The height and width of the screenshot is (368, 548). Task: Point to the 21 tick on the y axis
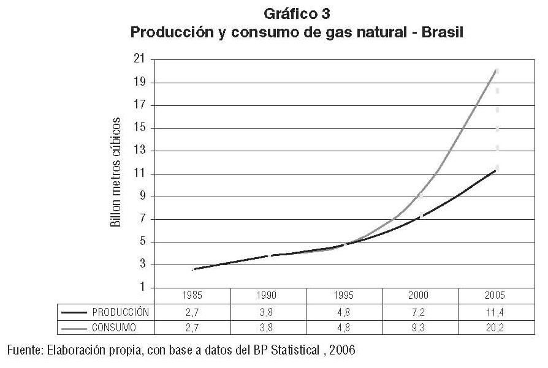(142, 59)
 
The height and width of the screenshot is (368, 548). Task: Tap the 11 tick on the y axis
(142, 174)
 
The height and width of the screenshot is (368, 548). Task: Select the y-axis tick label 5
(145, 242)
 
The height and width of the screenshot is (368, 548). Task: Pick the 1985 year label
(192, 295)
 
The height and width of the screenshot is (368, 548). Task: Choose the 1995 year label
(344, 295)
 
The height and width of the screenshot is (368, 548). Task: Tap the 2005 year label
(495, 295)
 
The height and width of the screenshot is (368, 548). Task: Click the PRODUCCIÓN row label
(120, 312)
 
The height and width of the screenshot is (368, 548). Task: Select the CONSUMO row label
(115, 328)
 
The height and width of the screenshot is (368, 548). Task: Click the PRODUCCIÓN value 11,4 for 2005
(495, 312)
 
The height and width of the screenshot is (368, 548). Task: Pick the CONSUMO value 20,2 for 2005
(495, 328)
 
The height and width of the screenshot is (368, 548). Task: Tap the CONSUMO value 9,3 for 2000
(419, 328)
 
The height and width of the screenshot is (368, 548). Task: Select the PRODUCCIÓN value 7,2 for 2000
(419, 312)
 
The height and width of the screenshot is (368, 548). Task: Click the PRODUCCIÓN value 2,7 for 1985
(192, 312)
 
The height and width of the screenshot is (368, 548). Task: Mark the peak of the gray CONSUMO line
(496, 70)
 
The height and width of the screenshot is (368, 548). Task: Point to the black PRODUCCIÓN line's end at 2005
(495, 170)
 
